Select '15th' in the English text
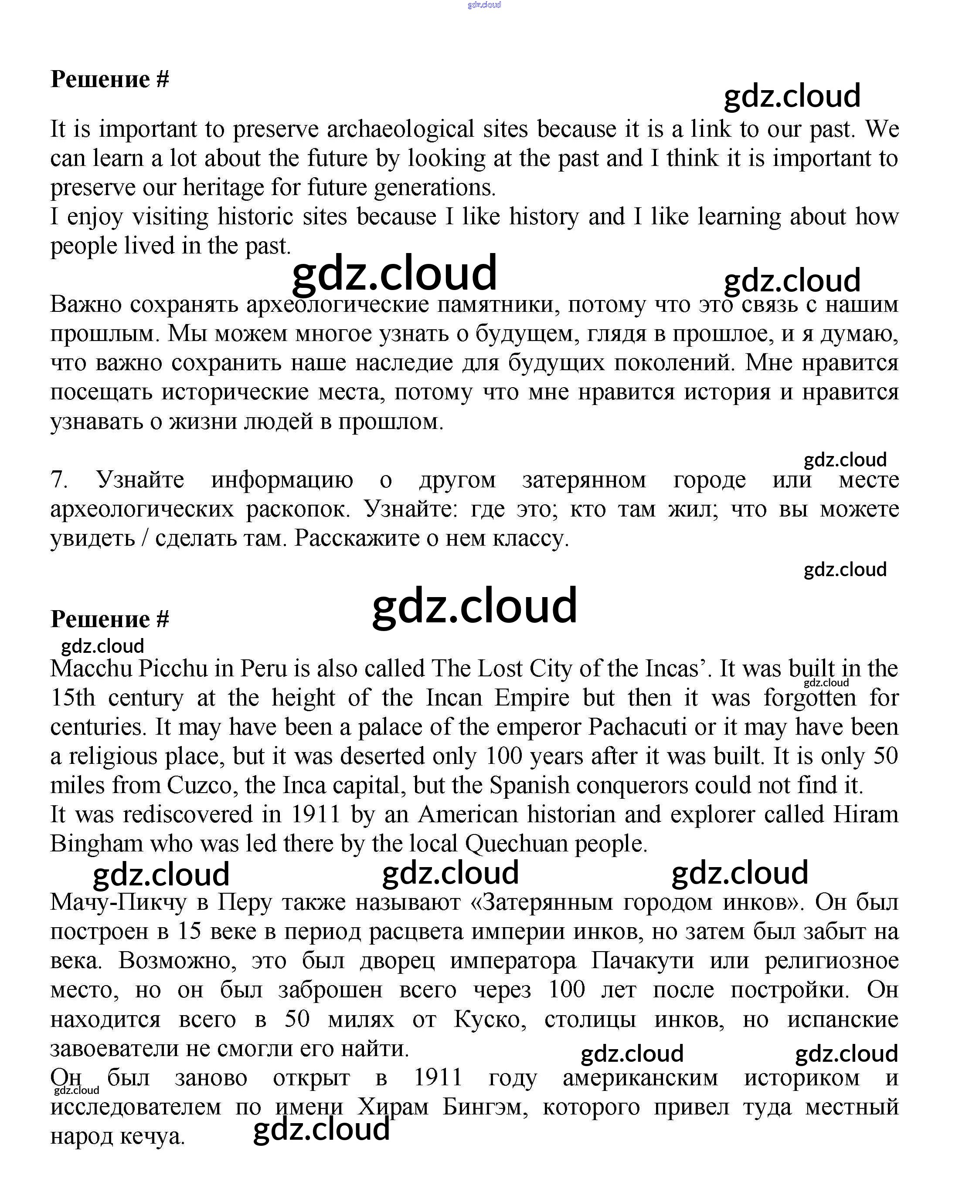click(x=72, y=698)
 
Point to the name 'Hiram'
click(x=865, y=815)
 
